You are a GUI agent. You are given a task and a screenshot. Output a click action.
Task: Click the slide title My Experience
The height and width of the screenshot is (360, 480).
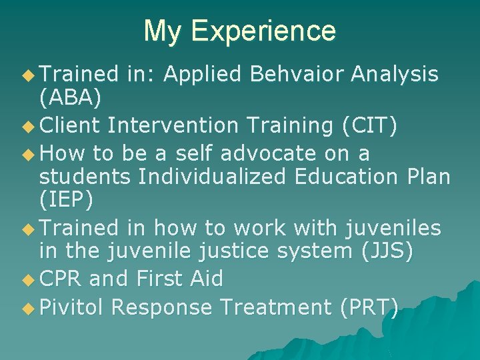coord(239,31)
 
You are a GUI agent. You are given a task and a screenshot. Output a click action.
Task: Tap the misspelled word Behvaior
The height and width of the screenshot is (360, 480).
coord(301,75)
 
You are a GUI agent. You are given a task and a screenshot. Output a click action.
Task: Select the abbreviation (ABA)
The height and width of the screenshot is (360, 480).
coord(70,99)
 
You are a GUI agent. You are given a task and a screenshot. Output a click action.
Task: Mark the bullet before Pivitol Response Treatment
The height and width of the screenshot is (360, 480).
coord(27,308)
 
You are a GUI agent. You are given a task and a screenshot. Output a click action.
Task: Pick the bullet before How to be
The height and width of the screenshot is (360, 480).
coord(27,154)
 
